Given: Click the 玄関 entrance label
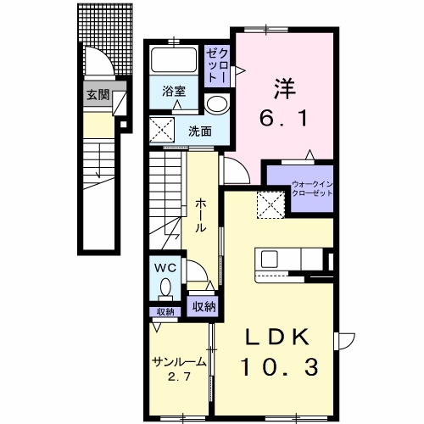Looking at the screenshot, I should (98, 94).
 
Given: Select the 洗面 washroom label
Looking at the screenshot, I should (200, 131).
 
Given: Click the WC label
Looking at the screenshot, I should (165, 267).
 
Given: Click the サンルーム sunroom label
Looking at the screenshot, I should (179, 362).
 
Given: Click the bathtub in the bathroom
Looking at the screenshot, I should (173, 61).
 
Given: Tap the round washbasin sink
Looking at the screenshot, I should (216, 105).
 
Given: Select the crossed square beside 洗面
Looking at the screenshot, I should (162, 131).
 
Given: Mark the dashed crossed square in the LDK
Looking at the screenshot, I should (271, 204).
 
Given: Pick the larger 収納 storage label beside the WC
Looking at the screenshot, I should (203, 306).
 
